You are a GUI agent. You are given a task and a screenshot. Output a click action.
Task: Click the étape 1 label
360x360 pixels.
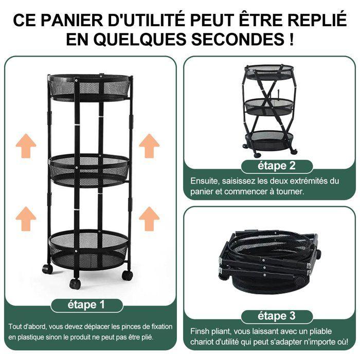pyautogui.click(x=86, y=305)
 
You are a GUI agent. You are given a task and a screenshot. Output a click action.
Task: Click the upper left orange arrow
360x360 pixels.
pyautogui.click(x=26, y=146)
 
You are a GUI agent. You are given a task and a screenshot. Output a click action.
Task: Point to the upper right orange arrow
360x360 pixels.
pyautogui.click(x=149, y=146)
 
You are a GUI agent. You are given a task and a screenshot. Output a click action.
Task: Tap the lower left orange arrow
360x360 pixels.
pyautogui.click(x=26, y=218)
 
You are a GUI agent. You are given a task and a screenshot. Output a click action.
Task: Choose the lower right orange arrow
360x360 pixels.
pyautogui.click(x=149, y=218)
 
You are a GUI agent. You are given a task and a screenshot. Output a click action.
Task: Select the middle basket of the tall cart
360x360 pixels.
pyautogui.click(x=88, y=167)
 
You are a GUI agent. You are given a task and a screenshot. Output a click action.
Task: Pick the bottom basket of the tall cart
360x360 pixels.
pyautogui.click(x=88, y=247)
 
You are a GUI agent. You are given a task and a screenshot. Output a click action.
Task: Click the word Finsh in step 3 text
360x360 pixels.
pyautogui.click(x=201, y=331)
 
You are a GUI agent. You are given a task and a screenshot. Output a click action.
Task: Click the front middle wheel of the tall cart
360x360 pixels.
pyautogui.click(x=75, y=283)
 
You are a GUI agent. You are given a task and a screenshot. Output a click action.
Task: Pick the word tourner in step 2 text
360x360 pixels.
pyautogui.click(x=291, y=191)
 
